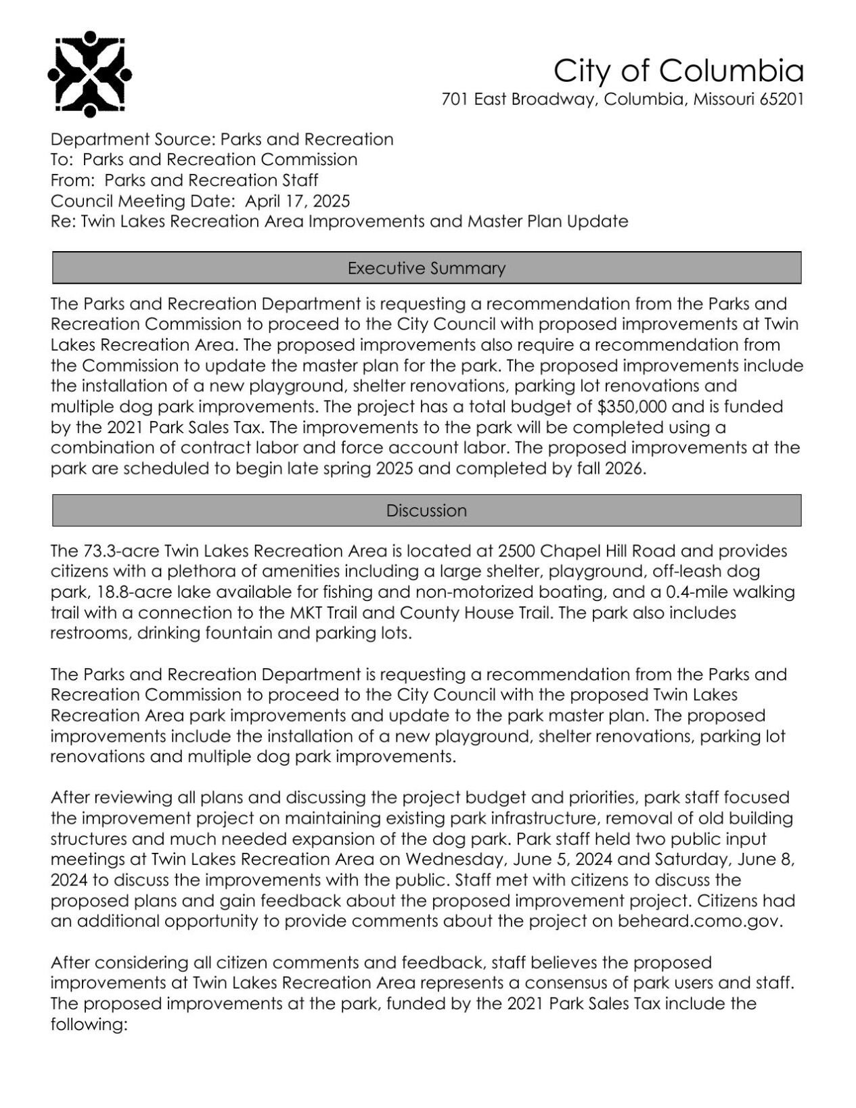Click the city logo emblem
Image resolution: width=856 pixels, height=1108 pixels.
[x=89, y=72]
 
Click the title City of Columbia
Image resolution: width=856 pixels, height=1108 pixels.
[x=678, y=70]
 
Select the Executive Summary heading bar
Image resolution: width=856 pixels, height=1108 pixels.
[x=426, y=268]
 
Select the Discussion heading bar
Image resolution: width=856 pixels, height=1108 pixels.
[x=426, y=510]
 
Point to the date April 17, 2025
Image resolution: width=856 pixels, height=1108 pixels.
[x=297, y=201]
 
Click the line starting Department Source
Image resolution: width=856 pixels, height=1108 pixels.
[x=222, y=139]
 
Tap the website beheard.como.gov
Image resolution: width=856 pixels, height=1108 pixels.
[x=700, y=921]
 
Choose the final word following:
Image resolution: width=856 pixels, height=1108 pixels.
[x=89, y=1024]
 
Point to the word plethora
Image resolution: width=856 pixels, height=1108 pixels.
[x=190, y=572]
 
